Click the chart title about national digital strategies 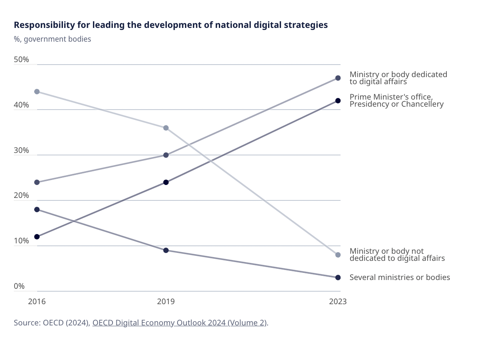pyautogui.click(x=171, y=25)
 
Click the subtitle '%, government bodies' pyautogui.click(x=53, y=39)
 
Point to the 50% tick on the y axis pyautogui.click(x=21, y=60)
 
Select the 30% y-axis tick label pyautogui.click(x=21, y=150)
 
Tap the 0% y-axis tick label pyautogui.click(x=20, y=286)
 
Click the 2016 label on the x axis pyautogui.click(x=37, y=302)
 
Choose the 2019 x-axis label pyautogui.click(x=165, y=302)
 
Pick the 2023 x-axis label pyautogui.click(x=338, y=302)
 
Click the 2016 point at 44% pyautogui.click(x=37, y=92)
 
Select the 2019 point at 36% pyautogui.click(x=166, y=128)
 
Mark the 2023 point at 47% pyautogui.click(x=338, y=78)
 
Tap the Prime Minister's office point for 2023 pyautogui.click(x=338, y=101)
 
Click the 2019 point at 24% pyautogui.click(x=166, y=182)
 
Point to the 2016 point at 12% pyautogui.click(x=37, y=237)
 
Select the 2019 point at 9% pyautogui.click(x=166, y=250)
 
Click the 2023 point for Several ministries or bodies pyautogui.click(x=338, y=277)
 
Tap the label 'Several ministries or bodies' pyautogui.click(x=400, y=277)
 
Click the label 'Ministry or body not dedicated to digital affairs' pyautogui.click(x=397, y=255)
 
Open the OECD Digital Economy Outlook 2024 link pyautogui.click(x=180, y=323)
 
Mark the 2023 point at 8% pyautogui.click(x=338, y=255)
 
